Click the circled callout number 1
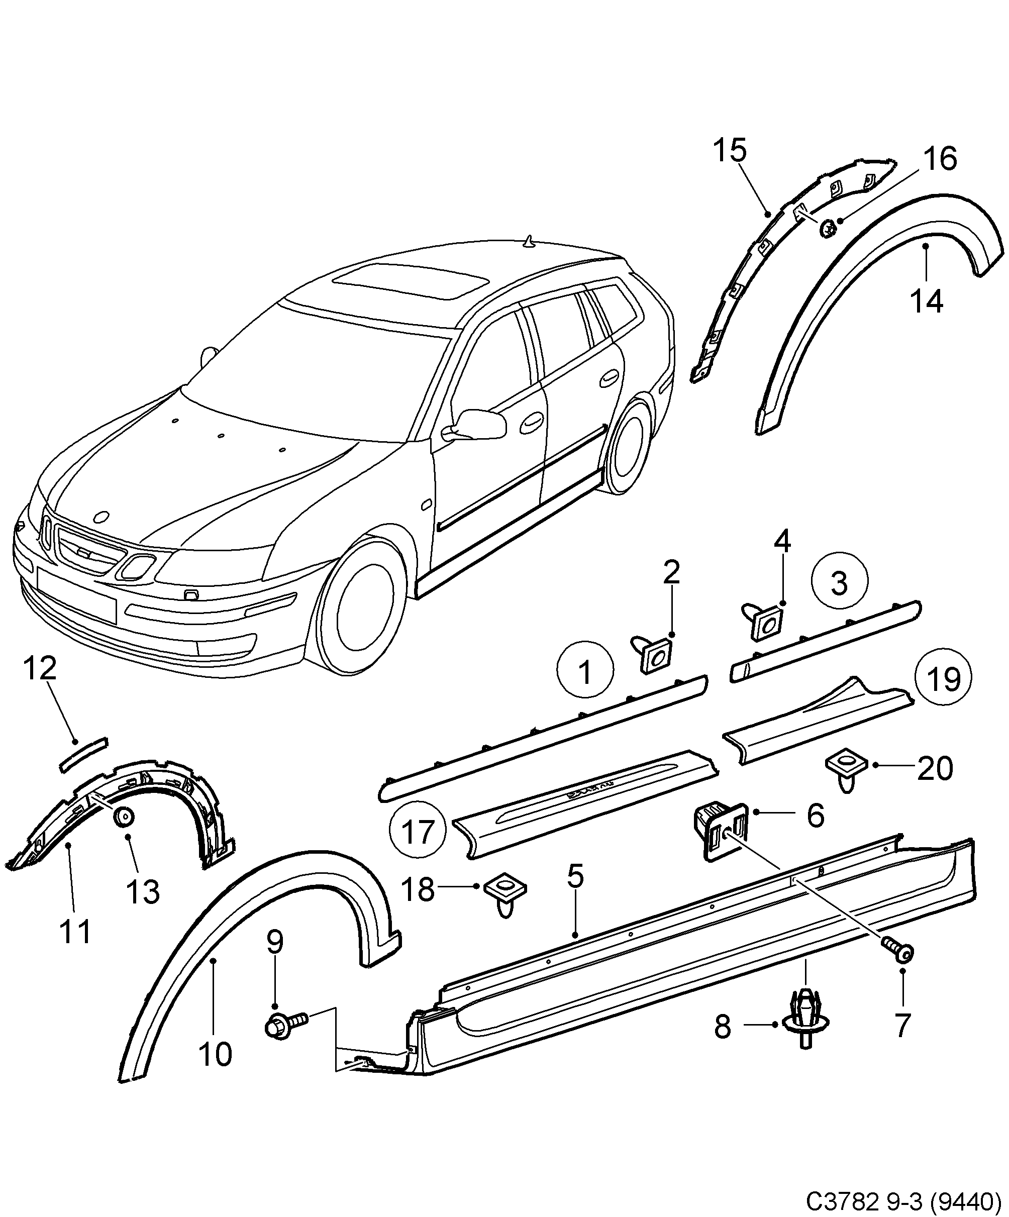pos(585,673)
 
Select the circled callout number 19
pos(944,679)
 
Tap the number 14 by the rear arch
pos(926,301)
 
